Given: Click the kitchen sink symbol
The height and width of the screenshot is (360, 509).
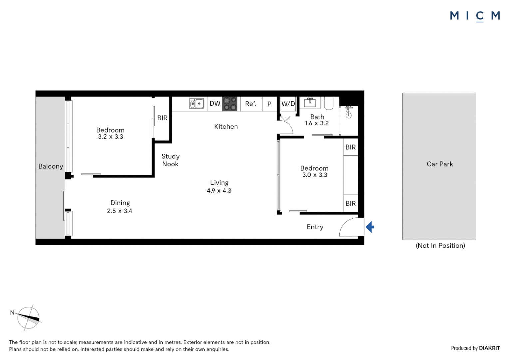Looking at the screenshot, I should [x=197, y=104].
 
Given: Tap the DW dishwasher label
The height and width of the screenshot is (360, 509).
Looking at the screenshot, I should [x=215, y=104].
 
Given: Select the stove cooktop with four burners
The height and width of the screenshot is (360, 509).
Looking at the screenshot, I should [x=230, y=104].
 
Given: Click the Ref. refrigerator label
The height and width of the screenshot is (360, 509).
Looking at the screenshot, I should [x=251, y=104].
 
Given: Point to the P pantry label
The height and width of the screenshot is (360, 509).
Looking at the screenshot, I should [x=269, y=104].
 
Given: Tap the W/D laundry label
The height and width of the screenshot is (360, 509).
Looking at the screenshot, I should [x=288, y=104].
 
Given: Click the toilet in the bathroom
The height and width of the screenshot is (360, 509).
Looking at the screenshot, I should [x=328, y=103].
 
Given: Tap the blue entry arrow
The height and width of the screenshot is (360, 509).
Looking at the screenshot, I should [x=370, y=227].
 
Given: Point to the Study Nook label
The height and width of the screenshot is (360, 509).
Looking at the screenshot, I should [x=170, y=160].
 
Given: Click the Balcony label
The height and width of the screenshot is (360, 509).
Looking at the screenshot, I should [x=51, y=166].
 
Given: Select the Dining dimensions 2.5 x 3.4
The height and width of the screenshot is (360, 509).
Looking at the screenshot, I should [x=120, y=211].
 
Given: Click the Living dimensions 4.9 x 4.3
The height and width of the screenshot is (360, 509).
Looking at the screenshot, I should [x=219, y=191].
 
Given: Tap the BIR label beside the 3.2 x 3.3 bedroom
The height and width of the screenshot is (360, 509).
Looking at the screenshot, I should [x=162, y=118].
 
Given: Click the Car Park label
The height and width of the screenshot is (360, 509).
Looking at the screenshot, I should [x=440, y=164].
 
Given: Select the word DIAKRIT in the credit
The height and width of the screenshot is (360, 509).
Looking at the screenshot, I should [x=489, y=348].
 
